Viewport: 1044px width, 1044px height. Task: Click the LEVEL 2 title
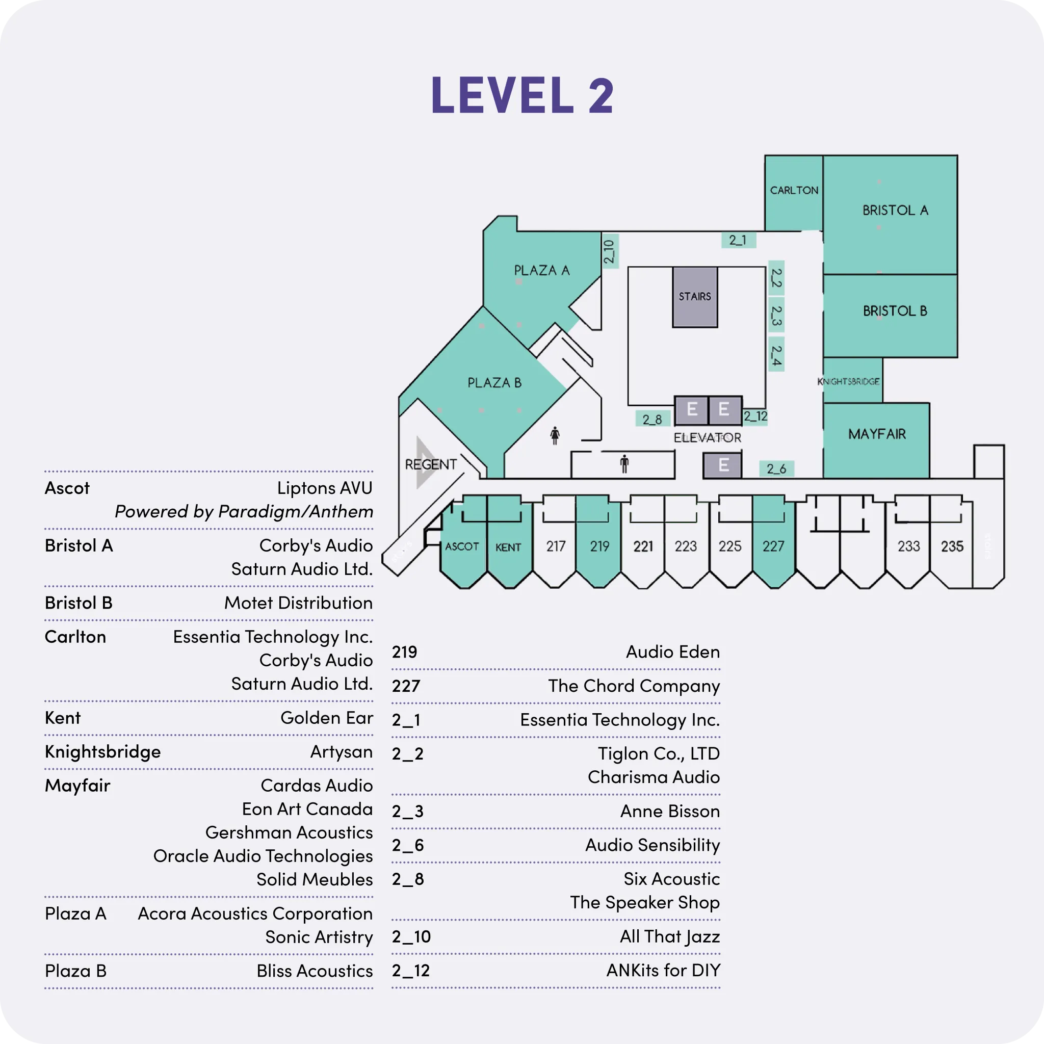[x=522, y=95]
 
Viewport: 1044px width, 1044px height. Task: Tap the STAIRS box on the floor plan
[x=695, y=297]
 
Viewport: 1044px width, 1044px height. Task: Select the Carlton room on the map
[x=793, y=191]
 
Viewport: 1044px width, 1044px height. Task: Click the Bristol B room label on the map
[x=895, y=311]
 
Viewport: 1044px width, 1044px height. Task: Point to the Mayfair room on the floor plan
[x=876, y=434]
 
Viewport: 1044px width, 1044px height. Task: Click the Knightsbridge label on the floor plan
[x=848, y=381]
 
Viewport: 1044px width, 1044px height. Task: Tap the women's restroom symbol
[x=555, y=435]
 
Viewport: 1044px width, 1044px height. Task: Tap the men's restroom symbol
[x=624, y=464]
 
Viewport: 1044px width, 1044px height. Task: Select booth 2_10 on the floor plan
[x=610, y=251]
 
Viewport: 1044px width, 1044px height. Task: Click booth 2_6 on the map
[x=776, y=468]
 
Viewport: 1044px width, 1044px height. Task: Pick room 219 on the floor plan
[x=599, y=546]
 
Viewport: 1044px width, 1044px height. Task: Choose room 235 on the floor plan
[x=952, y=546]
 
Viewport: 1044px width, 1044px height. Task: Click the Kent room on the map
[x=508, y=547]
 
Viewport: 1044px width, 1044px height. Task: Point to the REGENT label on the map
[x=431, y=465]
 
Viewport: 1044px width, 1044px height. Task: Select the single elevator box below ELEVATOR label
[x=722, y=465]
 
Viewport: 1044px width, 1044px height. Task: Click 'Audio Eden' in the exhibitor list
[x=673, y=651]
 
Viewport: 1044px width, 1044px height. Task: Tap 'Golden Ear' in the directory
[x=326, y=718]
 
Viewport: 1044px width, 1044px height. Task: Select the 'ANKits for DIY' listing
[x=663, y=971]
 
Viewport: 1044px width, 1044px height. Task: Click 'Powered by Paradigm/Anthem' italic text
[x=244, y=511]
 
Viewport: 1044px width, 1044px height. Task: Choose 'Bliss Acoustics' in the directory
[x=315, y=971]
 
